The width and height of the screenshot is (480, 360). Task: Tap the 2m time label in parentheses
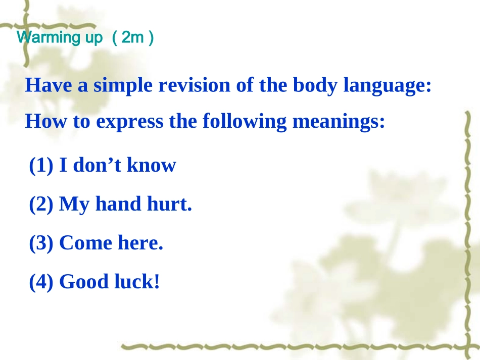coord(133,38)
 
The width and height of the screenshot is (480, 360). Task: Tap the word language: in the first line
coord(388,85)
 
